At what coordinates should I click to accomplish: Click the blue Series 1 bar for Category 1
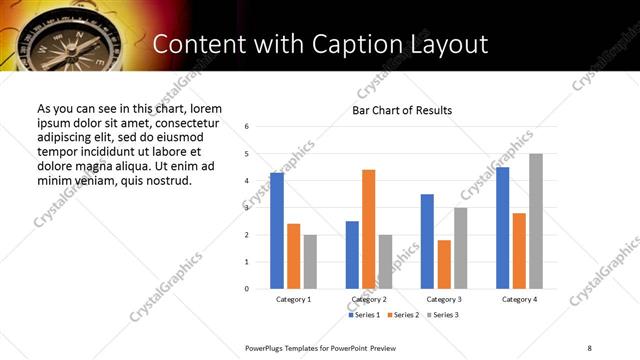(x=277, y=231)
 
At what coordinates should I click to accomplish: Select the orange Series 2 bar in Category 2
(x=368, y=229)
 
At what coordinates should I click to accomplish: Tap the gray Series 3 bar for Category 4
(x=536, y=221)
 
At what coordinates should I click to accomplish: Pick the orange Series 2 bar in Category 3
(x=444, y=264)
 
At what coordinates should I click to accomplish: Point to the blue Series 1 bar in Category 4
(x=502, y=228)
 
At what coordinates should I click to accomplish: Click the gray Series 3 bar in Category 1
(x=310, y=262)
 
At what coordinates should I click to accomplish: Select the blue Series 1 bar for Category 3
(x=427, y=241)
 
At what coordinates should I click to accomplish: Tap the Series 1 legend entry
(x=364, y=315)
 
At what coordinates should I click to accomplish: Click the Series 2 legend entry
(x=402, y=315)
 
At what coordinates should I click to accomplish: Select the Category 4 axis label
(x=519, y=300)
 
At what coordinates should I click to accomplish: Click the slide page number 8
(x=589, y=348)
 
